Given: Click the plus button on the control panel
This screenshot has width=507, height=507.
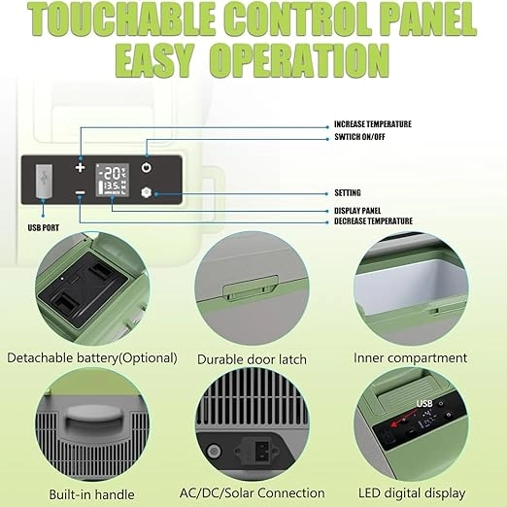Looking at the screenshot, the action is point(80,168).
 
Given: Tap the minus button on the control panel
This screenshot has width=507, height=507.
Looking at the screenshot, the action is point(80,193).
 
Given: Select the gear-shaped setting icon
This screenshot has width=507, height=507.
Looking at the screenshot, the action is point(147,192).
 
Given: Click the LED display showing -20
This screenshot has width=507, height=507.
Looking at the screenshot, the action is point(113,180).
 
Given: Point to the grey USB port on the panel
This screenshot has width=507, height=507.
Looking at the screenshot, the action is point(44,181).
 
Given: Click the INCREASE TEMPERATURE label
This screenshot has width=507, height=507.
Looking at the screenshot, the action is point(373,124).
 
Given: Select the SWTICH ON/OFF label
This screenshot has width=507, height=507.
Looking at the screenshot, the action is point(359,137).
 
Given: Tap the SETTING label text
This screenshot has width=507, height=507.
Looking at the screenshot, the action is point(348,193).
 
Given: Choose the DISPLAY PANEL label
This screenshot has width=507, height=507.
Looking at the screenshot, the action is point(357,211).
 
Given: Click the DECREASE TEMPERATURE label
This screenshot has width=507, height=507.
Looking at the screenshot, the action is point(373,221).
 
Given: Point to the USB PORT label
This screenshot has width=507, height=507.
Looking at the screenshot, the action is point(44,228).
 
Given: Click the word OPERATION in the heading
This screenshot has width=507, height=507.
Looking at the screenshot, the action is point(299,61).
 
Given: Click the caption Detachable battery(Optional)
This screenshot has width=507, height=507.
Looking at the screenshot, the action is point(92,358).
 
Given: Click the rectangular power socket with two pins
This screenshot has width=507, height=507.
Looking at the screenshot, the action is point(261,450).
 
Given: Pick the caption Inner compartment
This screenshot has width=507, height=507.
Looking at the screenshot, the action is point(410,358).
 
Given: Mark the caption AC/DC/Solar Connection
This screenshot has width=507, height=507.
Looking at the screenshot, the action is point(253,493).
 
